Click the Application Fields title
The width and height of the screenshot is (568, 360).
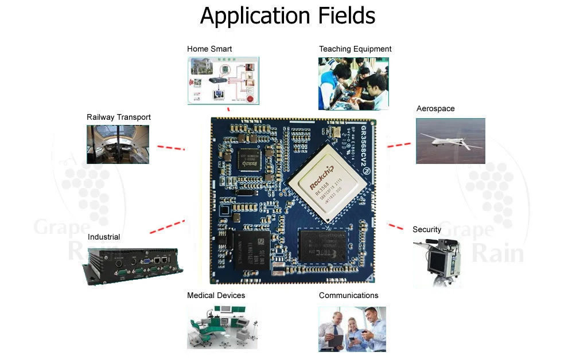(x=287, y=15)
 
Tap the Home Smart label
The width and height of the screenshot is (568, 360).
(x=209, y=49)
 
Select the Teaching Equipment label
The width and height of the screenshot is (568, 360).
(x=355, y=49)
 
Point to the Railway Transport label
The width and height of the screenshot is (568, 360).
(x=119, y=117)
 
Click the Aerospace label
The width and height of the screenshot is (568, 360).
(x=435, y=109)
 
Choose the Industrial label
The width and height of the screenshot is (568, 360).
(x=104, y=237)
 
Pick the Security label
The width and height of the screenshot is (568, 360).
(x=427, y=229)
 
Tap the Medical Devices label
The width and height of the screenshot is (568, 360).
(x=216, y=295)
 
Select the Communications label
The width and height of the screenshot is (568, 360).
(x=348, y=295)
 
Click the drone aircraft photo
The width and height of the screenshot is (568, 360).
(x=450, y=140)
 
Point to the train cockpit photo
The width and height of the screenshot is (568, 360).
(x=118, y=144)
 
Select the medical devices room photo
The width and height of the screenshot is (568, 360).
(x=221, y=327)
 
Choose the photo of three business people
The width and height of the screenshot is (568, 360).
(x=352, y=328)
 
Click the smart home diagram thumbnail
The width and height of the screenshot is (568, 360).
(x=223, y=80)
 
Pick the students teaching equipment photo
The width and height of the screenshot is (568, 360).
(x=353, y=83)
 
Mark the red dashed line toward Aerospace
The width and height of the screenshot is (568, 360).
(x=399, y=145)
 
